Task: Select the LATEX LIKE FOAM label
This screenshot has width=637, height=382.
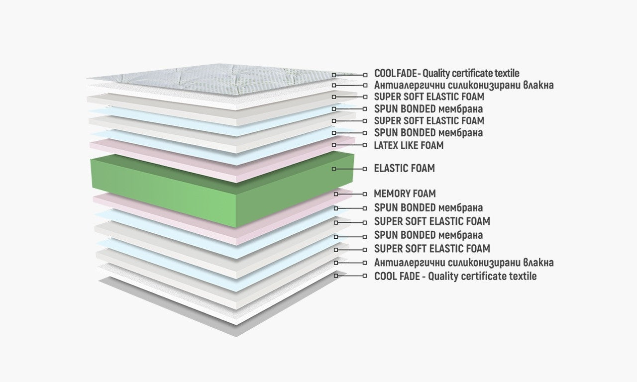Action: click(409, 146)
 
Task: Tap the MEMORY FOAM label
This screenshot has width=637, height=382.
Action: click(405, 193)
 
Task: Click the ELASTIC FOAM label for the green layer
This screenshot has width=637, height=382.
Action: click(404, 169)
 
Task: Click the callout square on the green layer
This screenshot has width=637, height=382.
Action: click(334, 169)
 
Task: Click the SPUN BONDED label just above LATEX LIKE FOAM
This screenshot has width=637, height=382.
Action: click(428, 133)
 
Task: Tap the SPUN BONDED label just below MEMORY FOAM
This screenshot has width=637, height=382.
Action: click(428, 207)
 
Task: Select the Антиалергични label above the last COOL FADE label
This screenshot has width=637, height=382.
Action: click(464, 262)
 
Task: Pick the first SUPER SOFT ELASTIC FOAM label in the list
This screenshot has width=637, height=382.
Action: click(429, 97)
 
